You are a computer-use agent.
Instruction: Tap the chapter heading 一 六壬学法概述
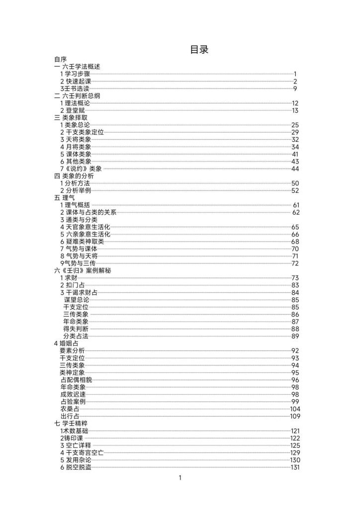click(x=80, y=67)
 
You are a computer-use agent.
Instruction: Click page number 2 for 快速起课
click(x=295, y=81)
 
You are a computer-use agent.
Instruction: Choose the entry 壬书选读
click(x=76, y=88)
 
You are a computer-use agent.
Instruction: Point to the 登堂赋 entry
click(x=75, y=110)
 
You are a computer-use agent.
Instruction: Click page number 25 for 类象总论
click(x=295, y=125)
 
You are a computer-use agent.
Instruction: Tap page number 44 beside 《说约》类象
click(x=295, y=169)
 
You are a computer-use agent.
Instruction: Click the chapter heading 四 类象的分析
click(x=74, y=176)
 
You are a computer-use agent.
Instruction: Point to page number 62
click(x=296, y=212)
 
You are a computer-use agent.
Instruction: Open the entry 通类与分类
click(x=79, y=220)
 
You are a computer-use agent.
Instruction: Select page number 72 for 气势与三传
click(x=295, y=263)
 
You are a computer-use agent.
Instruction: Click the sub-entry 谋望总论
click(x=77, y=300)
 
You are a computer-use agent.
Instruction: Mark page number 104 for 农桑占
click(x=294, y=409)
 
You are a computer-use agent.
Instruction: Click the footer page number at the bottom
click(x=180, y=478)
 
